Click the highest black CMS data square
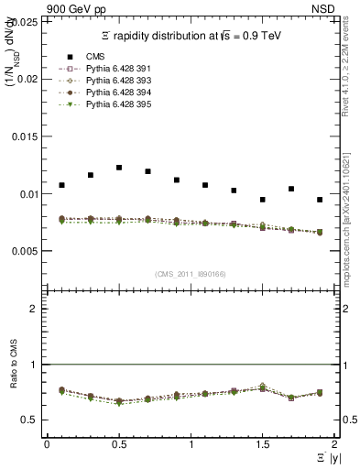pyautogui.click(x=119, y=168)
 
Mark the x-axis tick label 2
pyautogui.click(x=334, y=444)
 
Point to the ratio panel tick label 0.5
pyautogui.click(x=31, y=420)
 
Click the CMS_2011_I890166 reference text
pyautogui.click(x=190, y=274)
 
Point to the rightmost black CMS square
pyautogui.click(x=320, y=200)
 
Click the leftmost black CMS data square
pyautogui.click(x=61, y=185)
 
